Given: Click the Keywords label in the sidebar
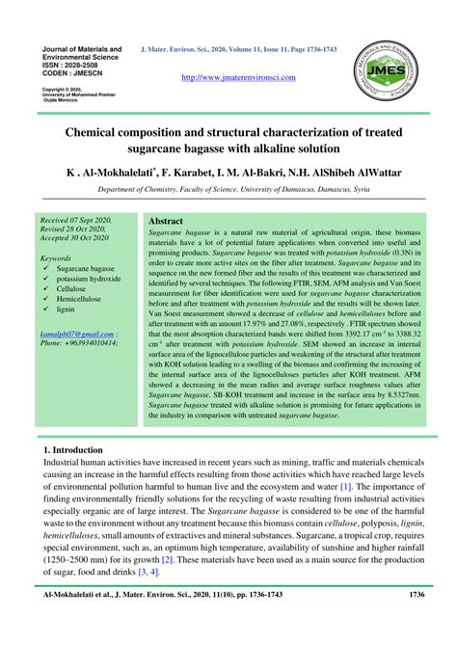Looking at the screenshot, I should (56, 258).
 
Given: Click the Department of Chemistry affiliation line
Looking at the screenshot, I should (228, 190).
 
